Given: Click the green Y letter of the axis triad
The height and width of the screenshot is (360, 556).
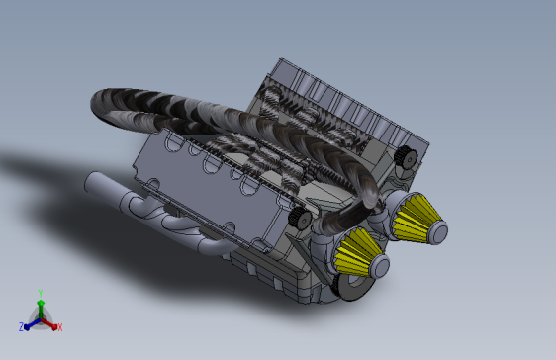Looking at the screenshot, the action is [41, 293].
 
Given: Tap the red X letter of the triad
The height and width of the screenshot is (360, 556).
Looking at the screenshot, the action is [60, 327].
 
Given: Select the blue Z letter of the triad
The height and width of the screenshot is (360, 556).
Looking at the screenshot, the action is [22, 327].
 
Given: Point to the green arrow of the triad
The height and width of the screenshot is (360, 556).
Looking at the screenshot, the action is [41, 309].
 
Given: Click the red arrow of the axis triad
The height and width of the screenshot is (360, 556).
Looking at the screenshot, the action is [49, 323].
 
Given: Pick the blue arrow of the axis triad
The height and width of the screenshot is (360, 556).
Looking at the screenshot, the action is [32, 324].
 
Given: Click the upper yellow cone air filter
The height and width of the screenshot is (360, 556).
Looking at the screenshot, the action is [416, 218].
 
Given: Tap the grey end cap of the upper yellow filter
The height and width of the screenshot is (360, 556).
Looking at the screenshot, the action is [438, 232].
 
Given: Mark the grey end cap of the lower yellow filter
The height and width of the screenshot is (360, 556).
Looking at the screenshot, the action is [380, 266].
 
